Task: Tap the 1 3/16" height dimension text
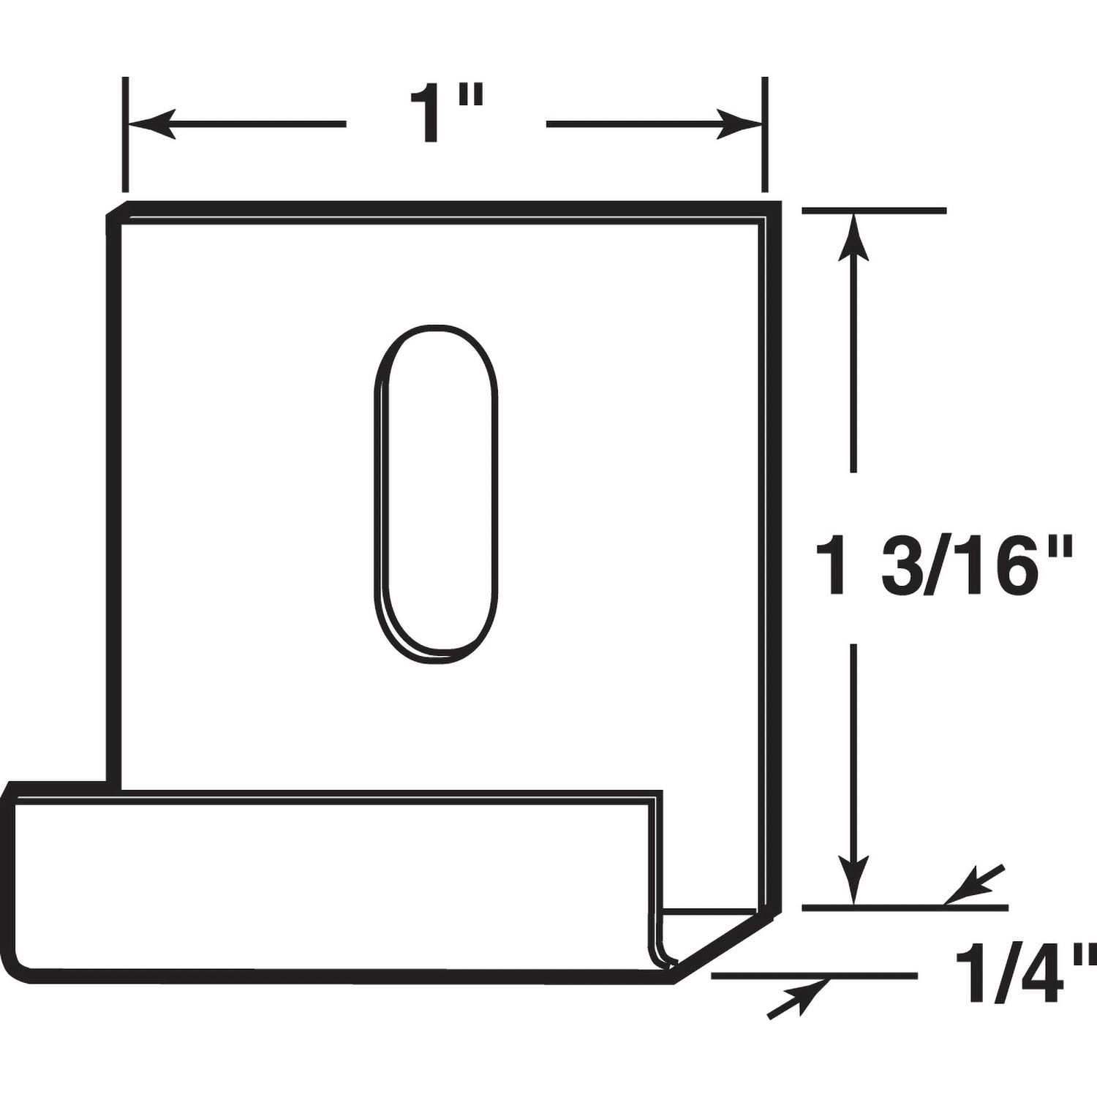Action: pyautogui.click(x=948, y=567)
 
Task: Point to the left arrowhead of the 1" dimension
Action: pyautogui.click(x=151, y=124)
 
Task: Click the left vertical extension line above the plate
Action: pyautogui.click(x=126, y=132)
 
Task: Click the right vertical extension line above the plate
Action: pyautogui.click(x=765, y=132)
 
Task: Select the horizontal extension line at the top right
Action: pyautogui.click(x=874, y=211)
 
